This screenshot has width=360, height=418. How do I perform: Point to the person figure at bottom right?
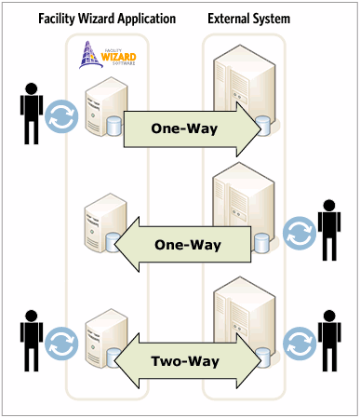tap(330, 338)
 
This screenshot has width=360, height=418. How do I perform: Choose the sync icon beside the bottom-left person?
tap(62, 343)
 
